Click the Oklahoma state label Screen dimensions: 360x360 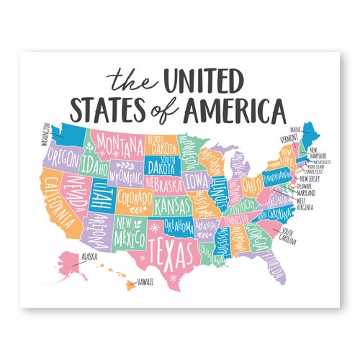tap(177, 227)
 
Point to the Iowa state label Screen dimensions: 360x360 tap(195, 178)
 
